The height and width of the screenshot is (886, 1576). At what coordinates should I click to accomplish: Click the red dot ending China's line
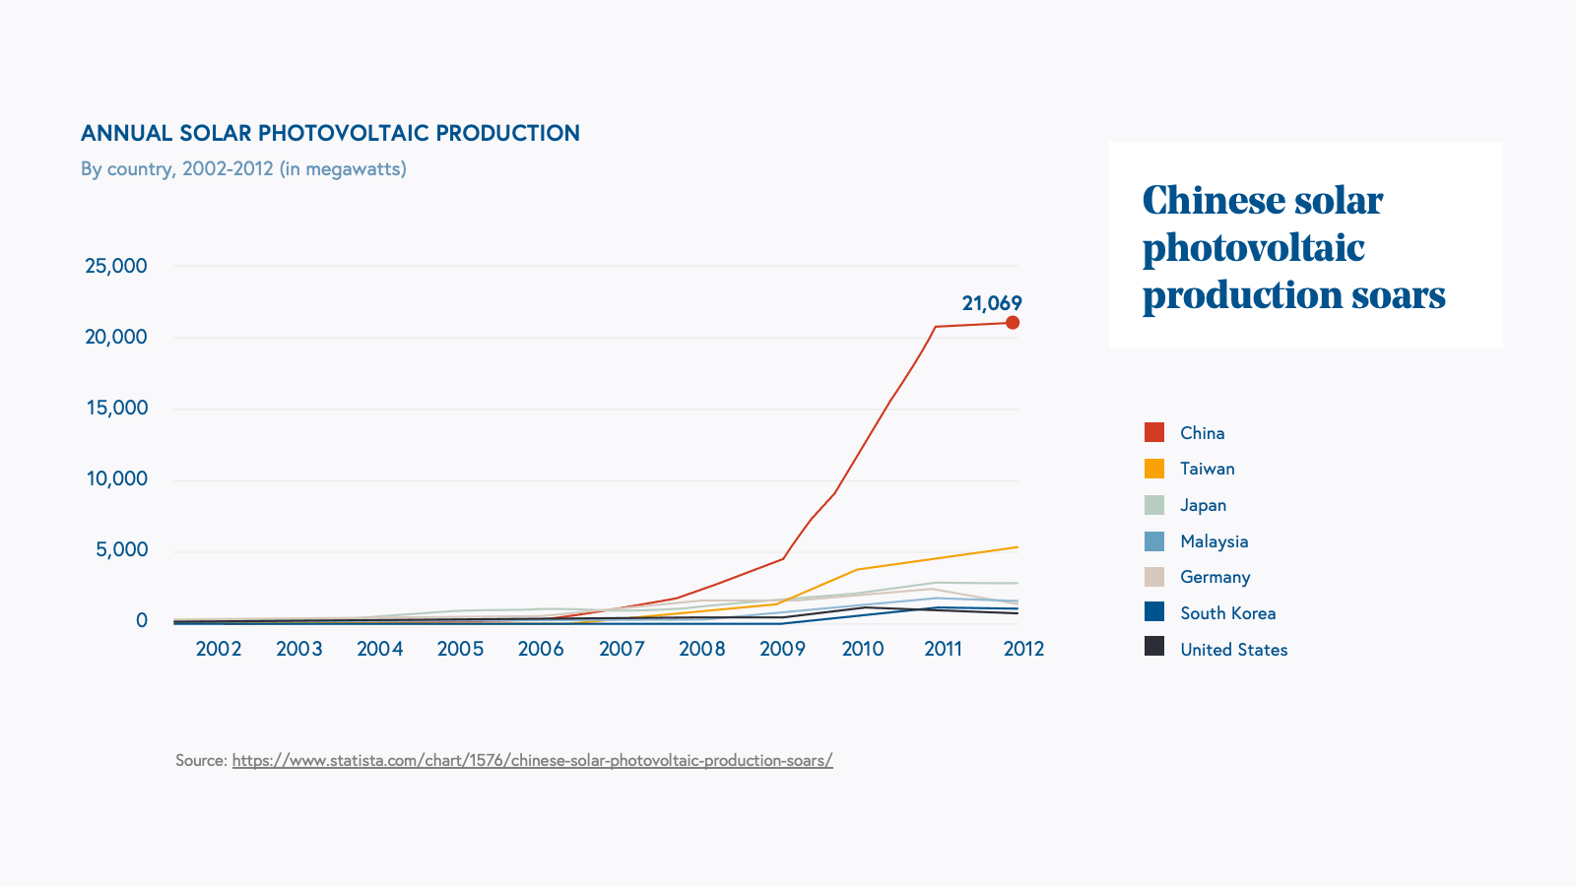click(x=1012, y=323)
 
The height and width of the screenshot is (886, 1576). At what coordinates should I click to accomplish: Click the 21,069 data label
click(x=992, y=303)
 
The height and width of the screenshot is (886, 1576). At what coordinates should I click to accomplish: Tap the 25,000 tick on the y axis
click(x=116, y=266)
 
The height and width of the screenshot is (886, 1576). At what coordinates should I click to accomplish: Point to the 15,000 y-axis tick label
click(x=116, y=408)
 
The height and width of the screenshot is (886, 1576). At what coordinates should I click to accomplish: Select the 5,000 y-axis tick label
click(x=122, y=549)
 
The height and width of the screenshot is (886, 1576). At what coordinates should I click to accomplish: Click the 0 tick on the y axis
click(x=142, y=620)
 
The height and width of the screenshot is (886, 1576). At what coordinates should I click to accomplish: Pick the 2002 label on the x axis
click(x=219, y=649)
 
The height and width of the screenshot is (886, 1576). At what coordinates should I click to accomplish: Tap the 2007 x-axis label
click(x=622, y=649)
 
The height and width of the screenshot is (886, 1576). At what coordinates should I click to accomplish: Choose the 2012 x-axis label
click(x=1023, y=649)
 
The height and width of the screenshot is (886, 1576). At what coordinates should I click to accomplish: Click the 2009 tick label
click(x=782, y=649)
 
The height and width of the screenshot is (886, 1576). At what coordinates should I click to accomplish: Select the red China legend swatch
click(x=1154, y=432)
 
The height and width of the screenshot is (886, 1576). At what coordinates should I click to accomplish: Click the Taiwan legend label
click(x=1208, y=469)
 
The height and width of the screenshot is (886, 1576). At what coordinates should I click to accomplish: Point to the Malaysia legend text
click(x=1215, y=541)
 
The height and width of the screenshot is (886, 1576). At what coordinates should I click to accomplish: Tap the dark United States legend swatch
click(x=1154, y=647)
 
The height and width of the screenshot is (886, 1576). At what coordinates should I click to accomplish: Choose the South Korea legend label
click(x=1228, y=613)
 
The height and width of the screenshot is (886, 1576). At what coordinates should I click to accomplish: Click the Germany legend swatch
click(x=1154, y=577)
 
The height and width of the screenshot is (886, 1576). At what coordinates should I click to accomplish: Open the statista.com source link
click(x=532, y=760)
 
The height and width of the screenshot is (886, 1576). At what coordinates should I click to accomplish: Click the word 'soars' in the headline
click(x=1399, y=294)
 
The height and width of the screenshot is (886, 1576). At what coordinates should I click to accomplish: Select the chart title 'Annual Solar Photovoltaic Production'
click(x=330, y=133)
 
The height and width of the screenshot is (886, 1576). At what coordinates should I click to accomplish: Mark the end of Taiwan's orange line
click(x=1018, y=547)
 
